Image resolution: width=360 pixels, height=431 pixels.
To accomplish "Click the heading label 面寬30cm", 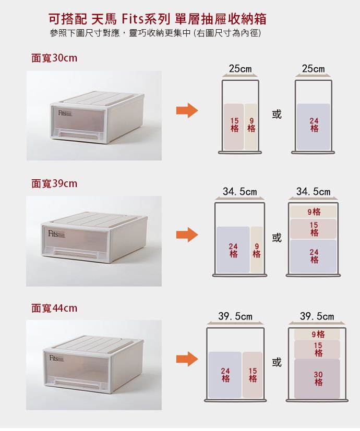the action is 54,58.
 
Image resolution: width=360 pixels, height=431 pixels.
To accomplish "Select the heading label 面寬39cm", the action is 54,183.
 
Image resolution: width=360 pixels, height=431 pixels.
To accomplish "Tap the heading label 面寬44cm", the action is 54,308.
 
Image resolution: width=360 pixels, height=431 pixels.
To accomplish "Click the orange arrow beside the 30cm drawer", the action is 187,110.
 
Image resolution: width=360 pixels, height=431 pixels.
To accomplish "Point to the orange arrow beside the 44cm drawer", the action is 187,359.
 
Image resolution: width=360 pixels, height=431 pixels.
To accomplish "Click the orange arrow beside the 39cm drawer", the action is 187,235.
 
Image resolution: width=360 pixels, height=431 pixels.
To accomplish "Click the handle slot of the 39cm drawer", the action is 76,254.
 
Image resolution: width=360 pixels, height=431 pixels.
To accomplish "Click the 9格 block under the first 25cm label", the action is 251,127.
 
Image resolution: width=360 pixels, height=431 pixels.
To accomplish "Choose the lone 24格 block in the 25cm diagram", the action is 314,127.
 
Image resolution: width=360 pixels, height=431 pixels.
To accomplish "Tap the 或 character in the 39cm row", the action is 277,238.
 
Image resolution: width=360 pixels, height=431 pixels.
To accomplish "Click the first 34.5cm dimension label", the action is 239,192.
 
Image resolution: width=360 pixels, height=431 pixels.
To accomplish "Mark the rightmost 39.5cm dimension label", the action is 317,316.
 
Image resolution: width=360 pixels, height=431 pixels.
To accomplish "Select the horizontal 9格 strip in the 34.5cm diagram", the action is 313,212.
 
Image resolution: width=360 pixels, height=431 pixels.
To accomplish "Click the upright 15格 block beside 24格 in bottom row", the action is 253,375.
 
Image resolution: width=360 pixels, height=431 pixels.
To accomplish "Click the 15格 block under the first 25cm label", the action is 234,127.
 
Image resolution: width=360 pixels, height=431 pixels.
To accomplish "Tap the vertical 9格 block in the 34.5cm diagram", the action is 257,250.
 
